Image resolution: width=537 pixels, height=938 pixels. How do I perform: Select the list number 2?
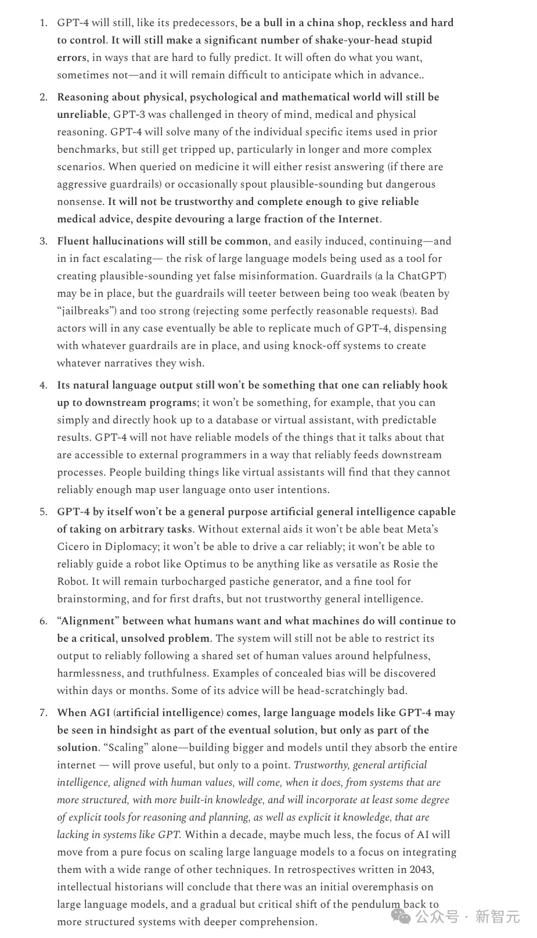pyautogui.click(x=44, y=97)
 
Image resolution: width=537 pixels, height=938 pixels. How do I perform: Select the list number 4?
pyautogui.click(x=44, y=385)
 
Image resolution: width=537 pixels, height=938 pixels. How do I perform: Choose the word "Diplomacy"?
pyautogui.click(x=131, y=547)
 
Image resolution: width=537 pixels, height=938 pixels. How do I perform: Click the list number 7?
pyautogui.click(x=44, y=713)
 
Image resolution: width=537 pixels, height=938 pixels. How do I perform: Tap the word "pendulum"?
pyautogui.click(x=380, y=904)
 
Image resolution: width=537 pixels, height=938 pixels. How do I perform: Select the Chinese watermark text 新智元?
pyautogui.click(x=498, y=917)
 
